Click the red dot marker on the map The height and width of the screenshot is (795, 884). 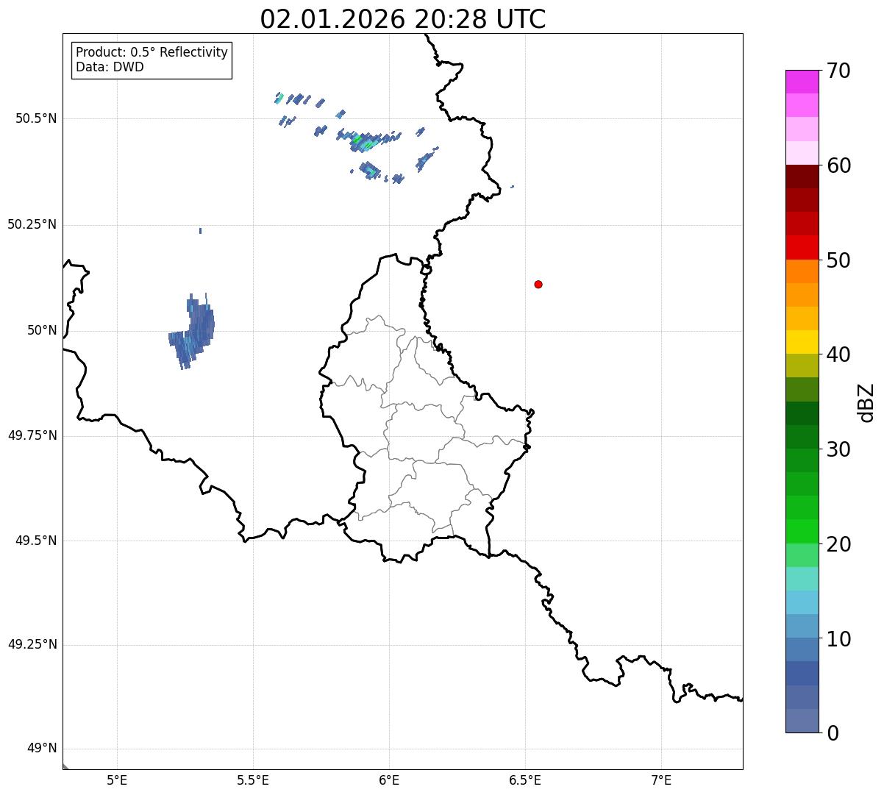tap(538, 284)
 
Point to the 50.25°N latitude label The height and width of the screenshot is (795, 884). tap(32, 224)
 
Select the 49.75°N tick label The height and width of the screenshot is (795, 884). tap(32, 435)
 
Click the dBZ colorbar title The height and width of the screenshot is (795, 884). tap(866, 402)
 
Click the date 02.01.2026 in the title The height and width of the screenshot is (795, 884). tap(332, 19)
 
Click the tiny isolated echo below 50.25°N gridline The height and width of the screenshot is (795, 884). tap(200, 231)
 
